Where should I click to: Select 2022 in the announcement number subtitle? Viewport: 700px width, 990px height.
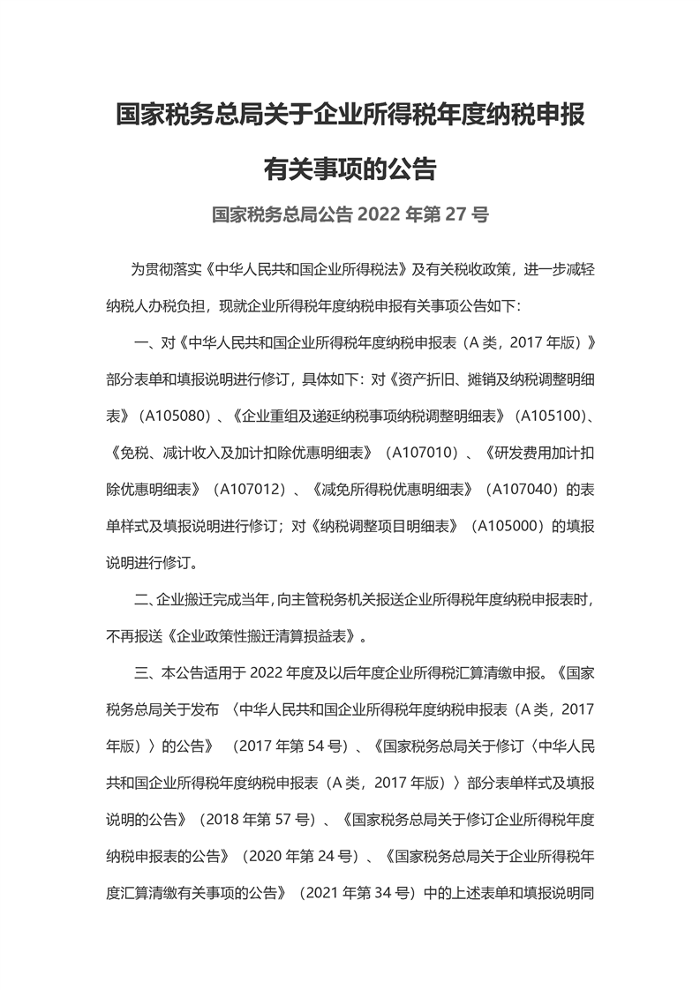(x=378, y=214)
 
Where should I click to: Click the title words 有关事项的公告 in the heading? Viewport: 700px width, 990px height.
(x=350, y=168)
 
